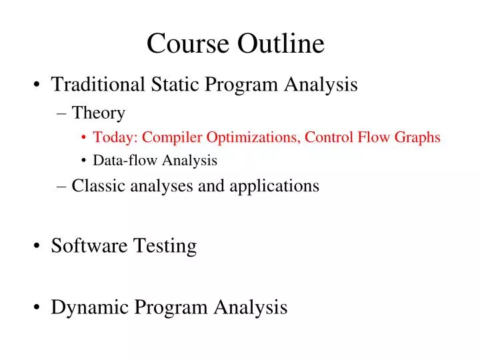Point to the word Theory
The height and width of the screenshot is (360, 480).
point(98,113)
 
